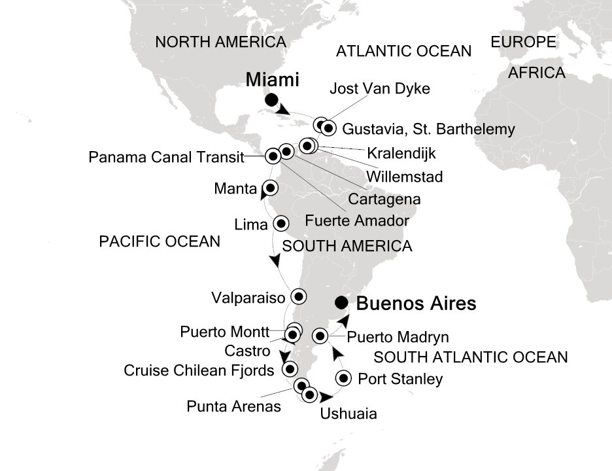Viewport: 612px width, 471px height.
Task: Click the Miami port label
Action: [x=273, y=80]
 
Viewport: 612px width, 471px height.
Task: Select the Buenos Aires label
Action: [x=416, y=304]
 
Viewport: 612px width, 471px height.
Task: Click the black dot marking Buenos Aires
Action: [x=341, y=303]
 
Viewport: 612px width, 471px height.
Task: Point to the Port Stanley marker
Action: [x=345, y=378]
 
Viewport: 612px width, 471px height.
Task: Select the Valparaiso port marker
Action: [x=298, y=296]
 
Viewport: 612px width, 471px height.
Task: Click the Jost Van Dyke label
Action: [x=381, y=88]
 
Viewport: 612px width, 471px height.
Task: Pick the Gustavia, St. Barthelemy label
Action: [x=428, y=128]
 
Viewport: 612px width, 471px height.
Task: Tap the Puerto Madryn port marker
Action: [x=320, y=336]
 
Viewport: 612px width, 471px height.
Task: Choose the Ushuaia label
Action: [x=348, y=413]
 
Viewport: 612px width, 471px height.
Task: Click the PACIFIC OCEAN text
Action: [x=159, y=241]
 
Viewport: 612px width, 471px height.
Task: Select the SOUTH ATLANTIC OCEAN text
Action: [x=469, y=357]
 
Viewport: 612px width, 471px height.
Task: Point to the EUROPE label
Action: [x=523, y=43]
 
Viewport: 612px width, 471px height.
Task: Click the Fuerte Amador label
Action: [x=357, y=221]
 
